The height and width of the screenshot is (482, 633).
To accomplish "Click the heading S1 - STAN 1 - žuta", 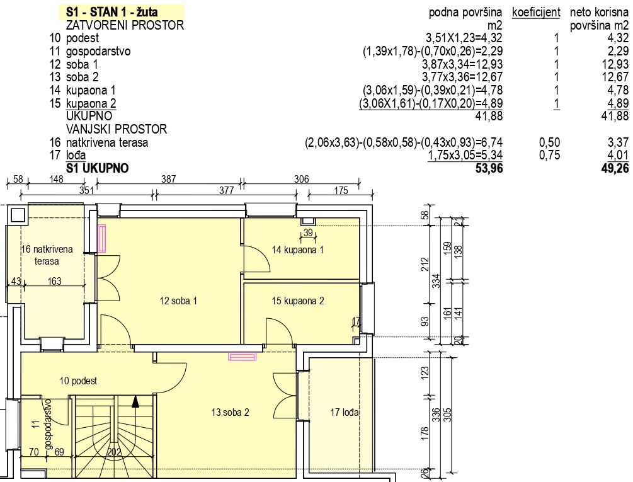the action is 112,12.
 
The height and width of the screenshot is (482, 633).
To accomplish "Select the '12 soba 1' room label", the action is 178,301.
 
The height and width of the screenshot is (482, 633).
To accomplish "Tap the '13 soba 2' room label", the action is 230,412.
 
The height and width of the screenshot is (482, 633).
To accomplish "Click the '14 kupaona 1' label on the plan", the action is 297,250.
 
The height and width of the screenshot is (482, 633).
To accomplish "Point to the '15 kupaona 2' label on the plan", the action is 297,301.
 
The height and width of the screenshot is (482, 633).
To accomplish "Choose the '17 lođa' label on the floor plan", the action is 345,412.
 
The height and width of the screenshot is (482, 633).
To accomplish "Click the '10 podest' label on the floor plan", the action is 78,381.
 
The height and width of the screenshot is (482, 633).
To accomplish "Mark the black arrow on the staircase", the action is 135,401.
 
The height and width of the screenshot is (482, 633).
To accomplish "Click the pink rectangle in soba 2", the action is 242,356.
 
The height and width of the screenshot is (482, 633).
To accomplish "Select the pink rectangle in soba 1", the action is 102,238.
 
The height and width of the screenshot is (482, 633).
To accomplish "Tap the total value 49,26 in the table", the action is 615,168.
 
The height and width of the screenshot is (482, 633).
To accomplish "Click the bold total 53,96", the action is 489,168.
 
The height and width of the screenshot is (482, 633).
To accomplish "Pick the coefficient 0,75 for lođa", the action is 549,155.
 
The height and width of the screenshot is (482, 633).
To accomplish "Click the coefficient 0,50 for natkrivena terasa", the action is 549,142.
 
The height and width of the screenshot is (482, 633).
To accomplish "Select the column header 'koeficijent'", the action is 536,12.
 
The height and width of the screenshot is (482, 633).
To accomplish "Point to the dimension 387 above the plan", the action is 168,179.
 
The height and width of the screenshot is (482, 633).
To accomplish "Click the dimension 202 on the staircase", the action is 114,452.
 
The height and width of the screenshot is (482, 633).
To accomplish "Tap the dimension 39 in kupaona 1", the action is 308,232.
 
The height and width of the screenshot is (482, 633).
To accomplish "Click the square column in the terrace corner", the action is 18,215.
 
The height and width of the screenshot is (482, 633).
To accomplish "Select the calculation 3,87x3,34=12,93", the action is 462,64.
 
